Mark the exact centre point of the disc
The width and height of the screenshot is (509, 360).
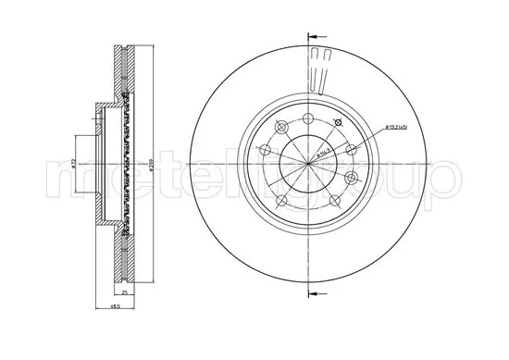(308, 165)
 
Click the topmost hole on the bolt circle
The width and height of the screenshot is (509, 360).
(309, 116)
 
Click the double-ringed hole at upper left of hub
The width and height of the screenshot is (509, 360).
(281, 125)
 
